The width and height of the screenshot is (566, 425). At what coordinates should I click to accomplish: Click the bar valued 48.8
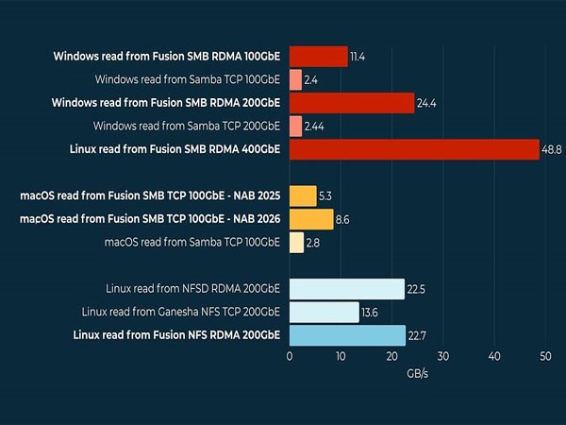click(414, 149)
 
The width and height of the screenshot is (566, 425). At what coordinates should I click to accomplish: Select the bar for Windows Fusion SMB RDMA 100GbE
click(319, 57)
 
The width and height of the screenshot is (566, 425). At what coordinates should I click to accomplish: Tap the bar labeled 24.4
click(352, 103)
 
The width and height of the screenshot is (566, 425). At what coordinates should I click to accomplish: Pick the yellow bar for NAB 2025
click(303, 195)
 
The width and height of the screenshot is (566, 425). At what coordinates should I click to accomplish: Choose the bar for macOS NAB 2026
click(311, 219)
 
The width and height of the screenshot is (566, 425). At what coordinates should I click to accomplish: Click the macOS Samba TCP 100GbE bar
click(296, 243)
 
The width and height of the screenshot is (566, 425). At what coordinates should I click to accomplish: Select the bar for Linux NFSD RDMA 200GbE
click(347, 289)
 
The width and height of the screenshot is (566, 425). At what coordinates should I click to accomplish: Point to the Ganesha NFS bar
click(325, 312)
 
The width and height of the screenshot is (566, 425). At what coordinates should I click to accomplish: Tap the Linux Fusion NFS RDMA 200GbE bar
click(347, 335)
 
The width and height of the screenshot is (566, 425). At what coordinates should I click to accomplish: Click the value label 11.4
click(358, 57)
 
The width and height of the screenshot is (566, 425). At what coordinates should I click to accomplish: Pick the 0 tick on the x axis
click(290, 356)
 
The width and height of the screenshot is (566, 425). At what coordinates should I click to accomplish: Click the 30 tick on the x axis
click(442, 356)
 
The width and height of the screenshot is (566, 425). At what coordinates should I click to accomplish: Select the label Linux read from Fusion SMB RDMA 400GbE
click(175, 149)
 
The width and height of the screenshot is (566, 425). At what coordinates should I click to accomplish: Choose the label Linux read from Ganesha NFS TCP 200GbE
click(181, 312)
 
